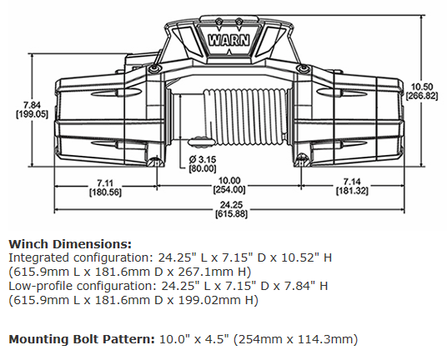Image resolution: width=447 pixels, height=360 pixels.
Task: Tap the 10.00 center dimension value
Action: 229,181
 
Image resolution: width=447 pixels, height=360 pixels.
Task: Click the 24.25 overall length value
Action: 229,205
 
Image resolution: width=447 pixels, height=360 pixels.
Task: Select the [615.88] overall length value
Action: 229,215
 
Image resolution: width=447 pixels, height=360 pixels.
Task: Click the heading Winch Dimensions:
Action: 70,244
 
